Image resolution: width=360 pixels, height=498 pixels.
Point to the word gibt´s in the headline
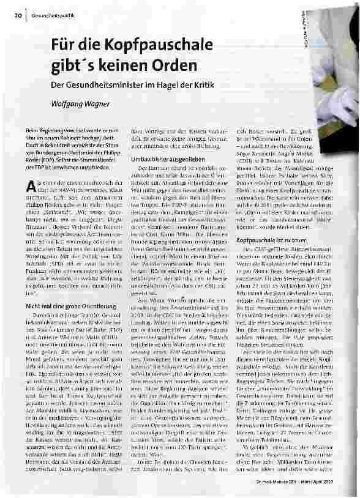78,64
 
